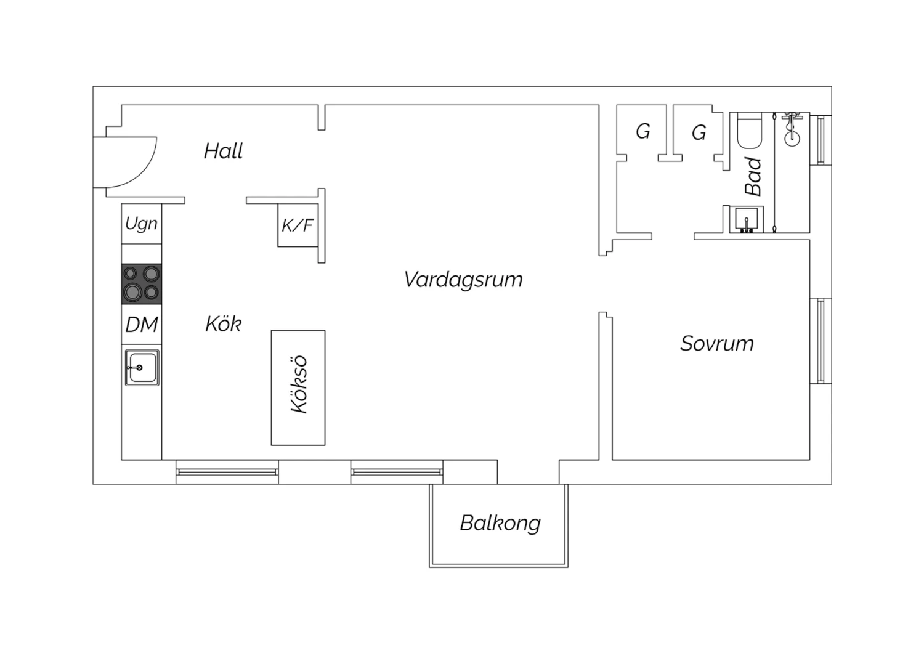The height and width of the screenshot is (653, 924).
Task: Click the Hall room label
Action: coord(223,151)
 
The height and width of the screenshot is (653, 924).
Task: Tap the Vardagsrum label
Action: coord(463,280)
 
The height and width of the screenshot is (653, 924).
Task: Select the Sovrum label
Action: coord(716,343)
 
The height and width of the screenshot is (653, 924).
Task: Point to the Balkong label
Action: coord(500,523)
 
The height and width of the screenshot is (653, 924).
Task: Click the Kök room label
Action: coord(223,324)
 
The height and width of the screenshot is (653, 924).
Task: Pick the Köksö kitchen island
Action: coord(298,387)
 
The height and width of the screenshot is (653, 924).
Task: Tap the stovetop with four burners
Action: coord(142,283)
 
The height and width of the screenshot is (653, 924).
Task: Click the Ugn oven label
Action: coord(141,224)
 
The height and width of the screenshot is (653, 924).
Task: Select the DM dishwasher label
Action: coord(142,325)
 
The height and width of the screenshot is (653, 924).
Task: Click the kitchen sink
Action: coord(142,368)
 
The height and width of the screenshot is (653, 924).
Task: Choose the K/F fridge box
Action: coord(298,225)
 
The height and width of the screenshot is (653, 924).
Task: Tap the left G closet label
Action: coord(642,131)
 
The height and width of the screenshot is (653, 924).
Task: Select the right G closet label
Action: coord(699,132)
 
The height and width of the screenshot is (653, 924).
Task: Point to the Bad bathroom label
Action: coord(753,176)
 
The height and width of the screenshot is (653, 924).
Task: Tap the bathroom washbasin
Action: coord(747,219)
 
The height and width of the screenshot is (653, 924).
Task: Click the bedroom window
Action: coord(821,341)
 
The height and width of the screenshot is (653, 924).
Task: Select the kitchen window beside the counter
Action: coord(227,473)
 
